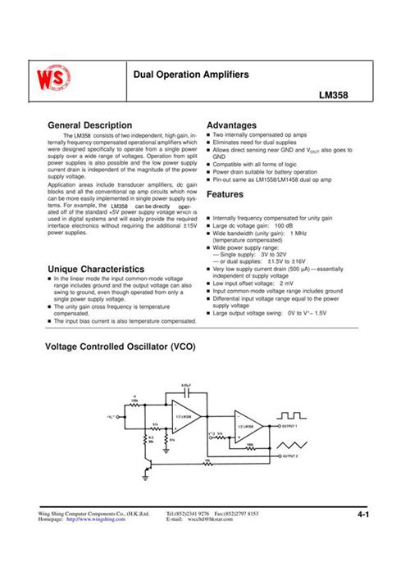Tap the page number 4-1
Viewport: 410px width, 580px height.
point(363,514)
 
